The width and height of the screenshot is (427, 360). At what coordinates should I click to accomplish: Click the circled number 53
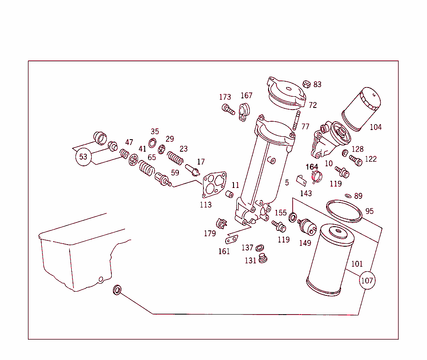[83, 157]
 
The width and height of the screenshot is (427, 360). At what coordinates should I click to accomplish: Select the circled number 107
[367, 281]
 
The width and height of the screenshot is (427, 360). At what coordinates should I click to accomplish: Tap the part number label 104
[376, 127]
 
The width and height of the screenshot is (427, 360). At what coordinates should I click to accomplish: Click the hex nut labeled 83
[305, 84]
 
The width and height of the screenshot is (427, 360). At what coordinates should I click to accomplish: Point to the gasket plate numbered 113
[214, 184]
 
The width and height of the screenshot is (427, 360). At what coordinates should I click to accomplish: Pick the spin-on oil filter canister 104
[362, 109]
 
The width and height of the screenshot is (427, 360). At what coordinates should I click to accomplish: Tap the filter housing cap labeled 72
[287, 94]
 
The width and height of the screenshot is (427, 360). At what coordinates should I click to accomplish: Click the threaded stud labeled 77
[297, 120]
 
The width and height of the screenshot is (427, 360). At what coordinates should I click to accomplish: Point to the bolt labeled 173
[228, 110]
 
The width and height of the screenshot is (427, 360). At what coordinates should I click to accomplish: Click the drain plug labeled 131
[262, 259]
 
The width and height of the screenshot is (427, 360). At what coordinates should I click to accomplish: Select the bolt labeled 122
[356, 160]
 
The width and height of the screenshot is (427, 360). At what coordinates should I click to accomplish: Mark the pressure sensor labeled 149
[307, 226]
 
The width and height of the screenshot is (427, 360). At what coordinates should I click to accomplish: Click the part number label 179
[210, 234]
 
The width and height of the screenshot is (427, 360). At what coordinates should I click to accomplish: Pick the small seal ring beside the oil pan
[117, 290]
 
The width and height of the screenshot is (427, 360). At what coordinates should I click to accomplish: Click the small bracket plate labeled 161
[231, 240]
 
